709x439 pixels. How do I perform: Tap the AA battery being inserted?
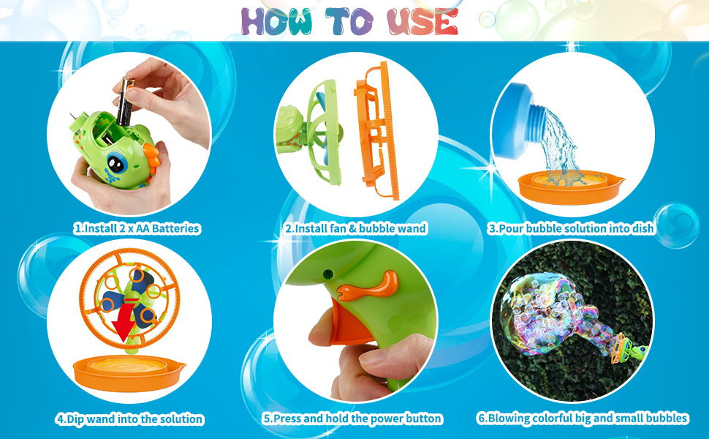click(x=122, y=102)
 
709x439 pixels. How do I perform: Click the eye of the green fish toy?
click(x=115, y=161)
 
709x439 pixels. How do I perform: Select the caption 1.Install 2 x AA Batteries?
click(x=137, y=228)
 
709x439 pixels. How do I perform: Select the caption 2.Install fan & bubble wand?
click(x=355, y=228)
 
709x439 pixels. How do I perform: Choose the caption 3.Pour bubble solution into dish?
click(x=571, y=228)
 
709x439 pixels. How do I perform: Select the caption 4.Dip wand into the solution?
click(x=129, y=419)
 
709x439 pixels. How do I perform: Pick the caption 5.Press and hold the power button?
click(x=352, y=419)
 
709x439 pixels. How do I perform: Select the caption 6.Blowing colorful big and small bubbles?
click(x=583, y=419)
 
